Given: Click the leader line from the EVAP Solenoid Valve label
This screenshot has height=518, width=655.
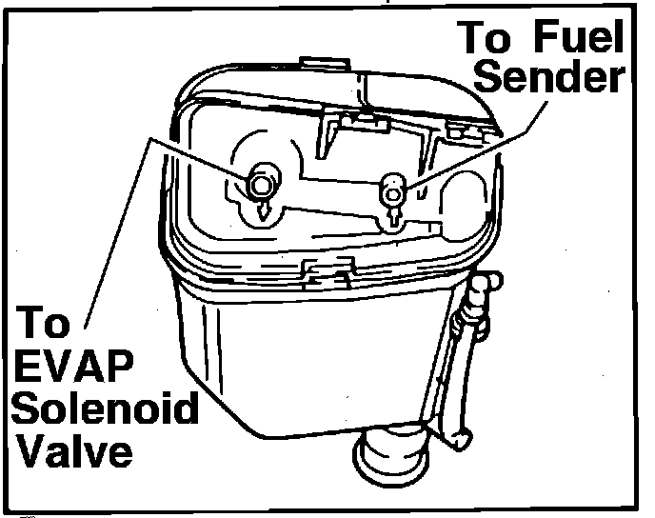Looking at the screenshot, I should click(119, 229).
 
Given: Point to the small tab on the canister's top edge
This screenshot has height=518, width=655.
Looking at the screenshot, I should click(314, 64).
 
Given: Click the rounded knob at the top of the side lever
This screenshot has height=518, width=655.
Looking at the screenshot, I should click(486, 284).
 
